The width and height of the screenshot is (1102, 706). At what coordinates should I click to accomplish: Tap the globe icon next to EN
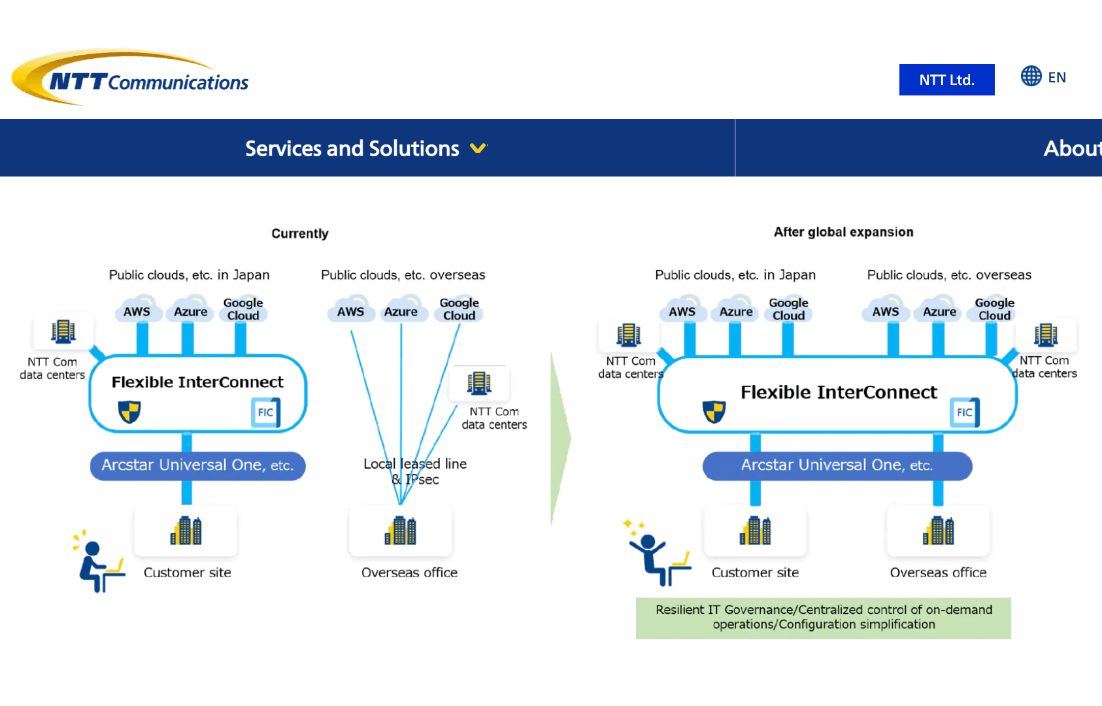1031,76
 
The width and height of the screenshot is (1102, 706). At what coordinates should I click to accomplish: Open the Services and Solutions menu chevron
478,148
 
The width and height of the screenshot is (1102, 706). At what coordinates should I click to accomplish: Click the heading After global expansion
843,232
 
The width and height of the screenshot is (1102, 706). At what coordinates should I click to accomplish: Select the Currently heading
300,233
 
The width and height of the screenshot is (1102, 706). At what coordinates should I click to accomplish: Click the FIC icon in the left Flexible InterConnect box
265,412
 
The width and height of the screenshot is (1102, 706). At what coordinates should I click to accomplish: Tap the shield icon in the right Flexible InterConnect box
714,412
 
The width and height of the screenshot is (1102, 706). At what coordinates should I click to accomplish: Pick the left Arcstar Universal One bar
197,465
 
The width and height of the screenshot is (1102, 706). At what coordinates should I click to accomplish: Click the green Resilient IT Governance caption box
824,617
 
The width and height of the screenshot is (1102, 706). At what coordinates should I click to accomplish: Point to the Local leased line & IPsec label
415,471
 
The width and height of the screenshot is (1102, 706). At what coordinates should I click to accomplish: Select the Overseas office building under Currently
401,531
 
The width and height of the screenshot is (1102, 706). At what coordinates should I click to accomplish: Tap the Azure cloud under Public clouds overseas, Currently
401,312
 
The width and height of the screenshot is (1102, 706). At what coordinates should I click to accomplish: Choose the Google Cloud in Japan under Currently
243,309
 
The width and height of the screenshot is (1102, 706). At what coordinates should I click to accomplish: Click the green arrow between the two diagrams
560,438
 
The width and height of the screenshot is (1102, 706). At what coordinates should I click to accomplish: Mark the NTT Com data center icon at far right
1045,335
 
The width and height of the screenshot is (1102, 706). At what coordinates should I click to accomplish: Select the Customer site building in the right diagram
755,531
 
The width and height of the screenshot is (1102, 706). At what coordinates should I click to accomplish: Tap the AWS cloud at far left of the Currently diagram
137,311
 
